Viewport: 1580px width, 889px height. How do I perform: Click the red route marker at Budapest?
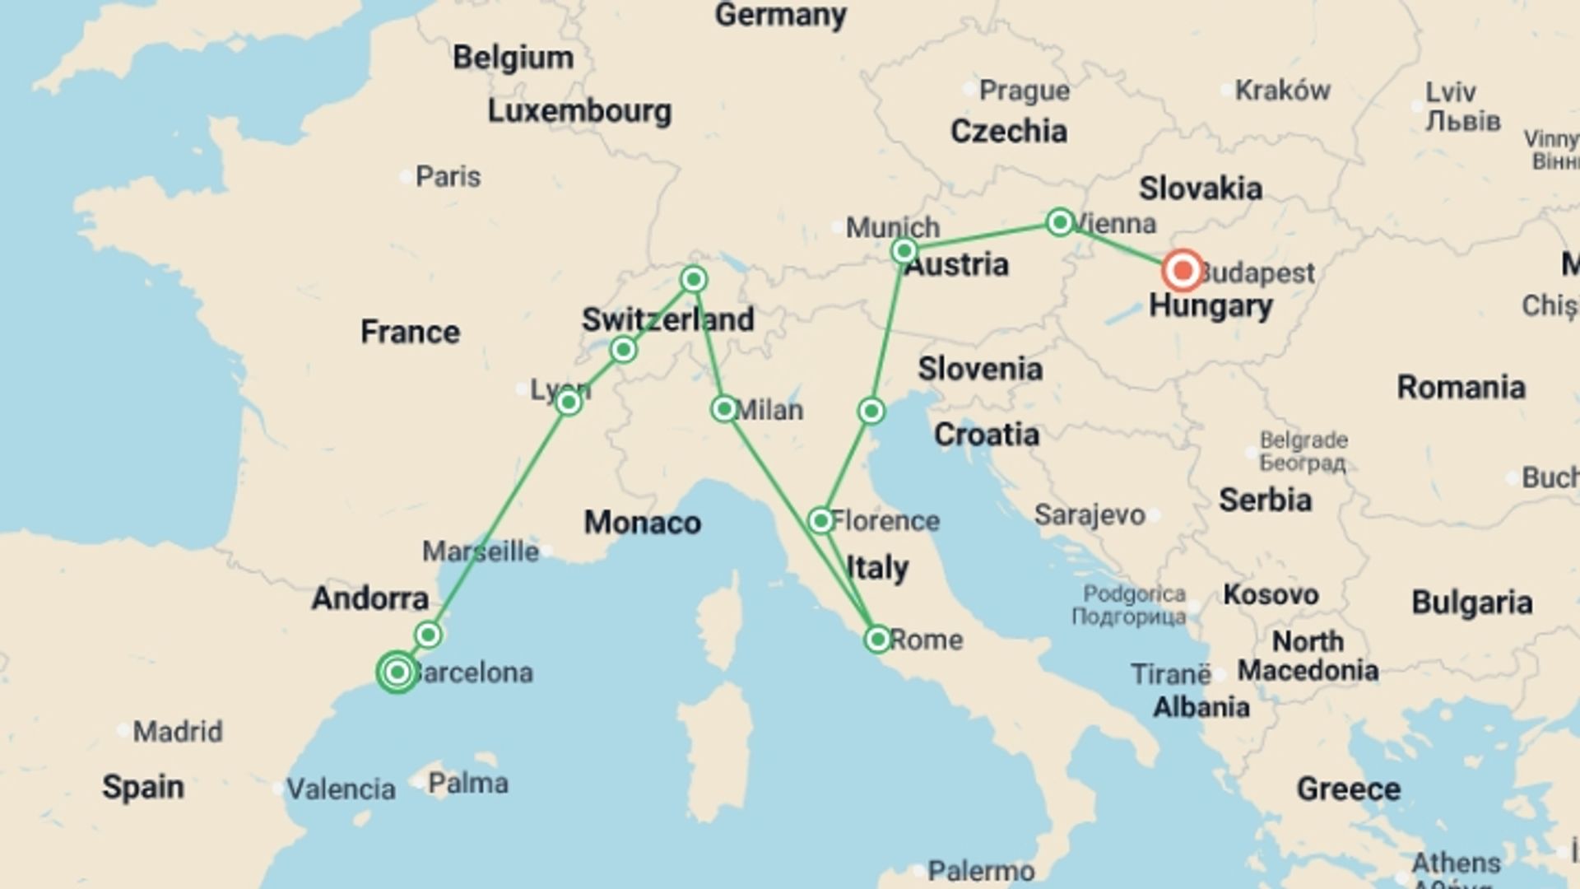point(1183,270)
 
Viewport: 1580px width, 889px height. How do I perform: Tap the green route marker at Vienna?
point(1060,221)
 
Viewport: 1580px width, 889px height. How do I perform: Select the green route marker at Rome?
point(877,639)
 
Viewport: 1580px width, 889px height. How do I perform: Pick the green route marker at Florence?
point(820,520)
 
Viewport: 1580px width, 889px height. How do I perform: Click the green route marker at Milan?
point(724,408)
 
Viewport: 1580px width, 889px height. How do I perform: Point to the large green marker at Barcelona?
point(397,673)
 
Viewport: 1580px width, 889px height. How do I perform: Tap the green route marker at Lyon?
point(568,403)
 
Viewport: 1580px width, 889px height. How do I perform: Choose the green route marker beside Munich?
point(904,250)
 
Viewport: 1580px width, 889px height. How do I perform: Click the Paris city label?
point(448,176)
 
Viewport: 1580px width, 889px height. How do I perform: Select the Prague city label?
point(1025,91)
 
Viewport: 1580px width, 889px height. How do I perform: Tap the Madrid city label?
point(178,731)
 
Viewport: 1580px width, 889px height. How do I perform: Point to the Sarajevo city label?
point(1090,515)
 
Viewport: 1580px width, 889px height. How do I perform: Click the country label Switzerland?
point(667,319)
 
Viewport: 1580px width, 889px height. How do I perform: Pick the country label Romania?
point(1461,387)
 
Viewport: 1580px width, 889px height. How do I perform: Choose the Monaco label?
point(642,523)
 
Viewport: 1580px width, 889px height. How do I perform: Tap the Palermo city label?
point(981,870)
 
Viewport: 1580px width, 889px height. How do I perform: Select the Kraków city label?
point(1283,91)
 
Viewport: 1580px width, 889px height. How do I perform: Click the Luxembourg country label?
point(579,111)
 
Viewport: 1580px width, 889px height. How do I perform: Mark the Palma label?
point(467,783)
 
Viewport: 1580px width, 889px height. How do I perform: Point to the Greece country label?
point(1348,789)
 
